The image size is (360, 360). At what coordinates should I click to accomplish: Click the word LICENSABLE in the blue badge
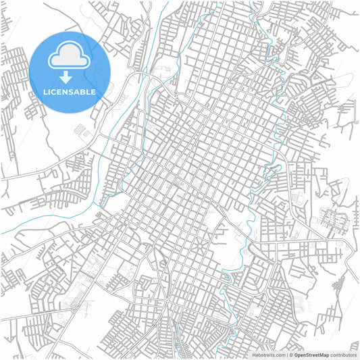pos(70,92)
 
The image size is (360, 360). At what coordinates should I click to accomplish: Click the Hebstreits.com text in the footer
pos(269,355)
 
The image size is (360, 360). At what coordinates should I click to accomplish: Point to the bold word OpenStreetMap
pos(311,355)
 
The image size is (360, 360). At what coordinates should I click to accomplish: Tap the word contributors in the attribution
pos(343,355)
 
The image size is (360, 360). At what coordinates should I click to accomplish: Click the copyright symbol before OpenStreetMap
pos(291,355)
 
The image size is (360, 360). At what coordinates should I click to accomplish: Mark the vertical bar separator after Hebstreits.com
pos(286,355)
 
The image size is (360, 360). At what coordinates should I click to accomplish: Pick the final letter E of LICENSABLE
pos(93,92)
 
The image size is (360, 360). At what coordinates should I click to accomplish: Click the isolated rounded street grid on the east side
pos(332,220)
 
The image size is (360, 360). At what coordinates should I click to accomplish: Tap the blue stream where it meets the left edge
pos(2,234)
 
